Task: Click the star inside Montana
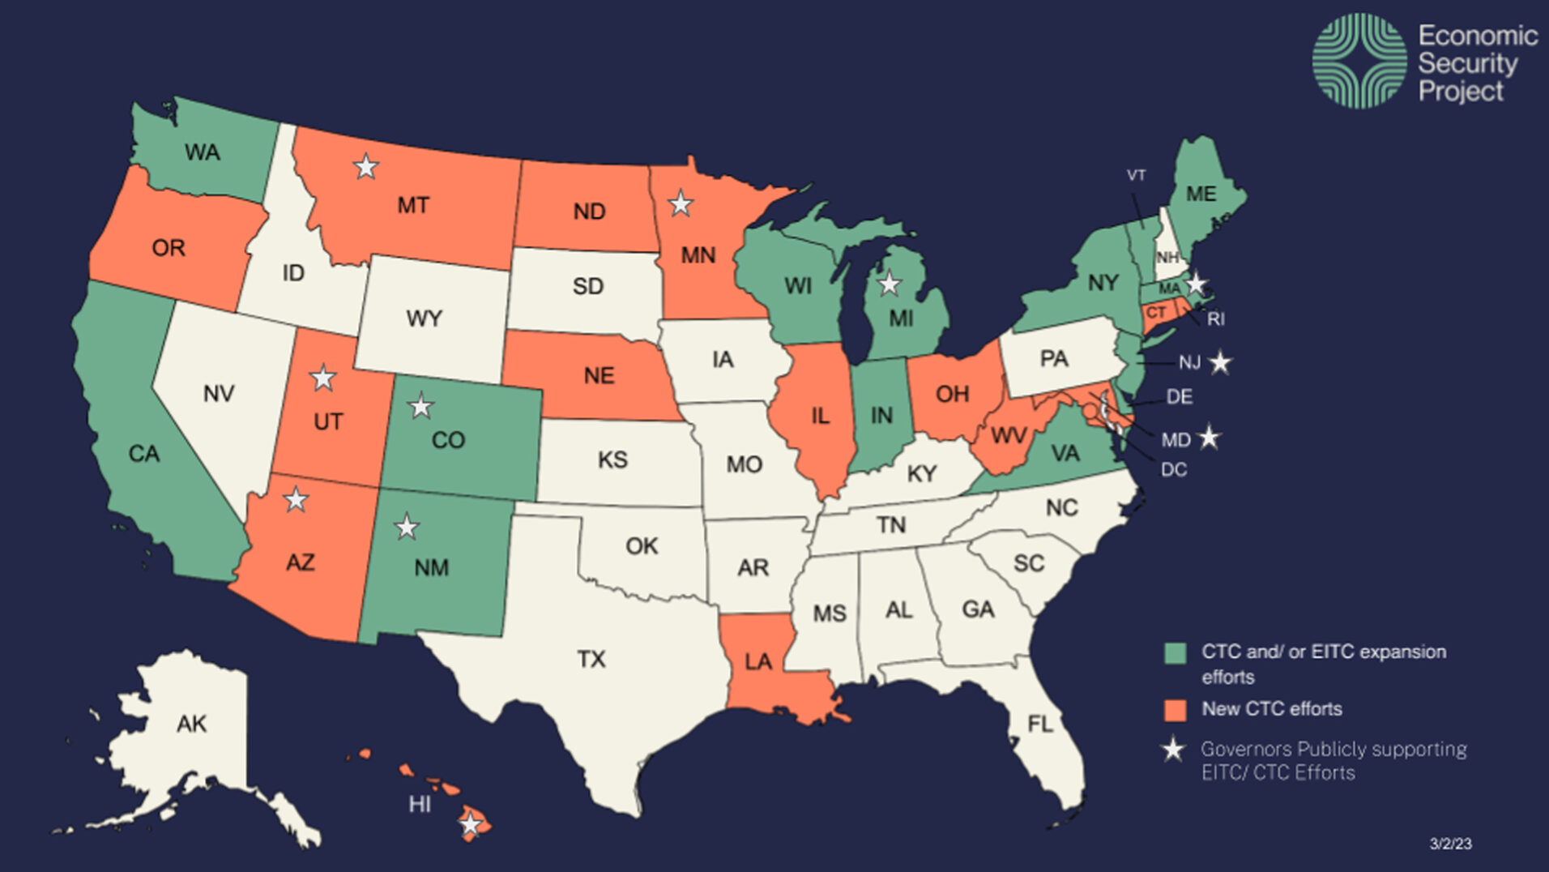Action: pyautogui.click(x=366, y=167)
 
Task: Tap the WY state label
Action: pyautogui.click(x=424, y=318)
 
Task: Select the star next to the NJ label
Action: pyautogui.click(x=1220, y=362)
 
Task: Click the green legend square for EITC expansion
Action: pyautogui.click(x=1175, y=652)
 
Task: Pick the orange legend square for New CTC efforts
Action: pyautogui.click(x=1175, y=710)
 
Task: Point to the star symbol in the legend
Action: pyautogui.click(x=1173, y=750)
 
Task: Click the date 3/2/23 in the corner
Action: pyautogui.click(x=1450, y=844)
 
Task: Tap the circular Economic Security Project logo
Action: pyautogui.click(x=1359, y=61)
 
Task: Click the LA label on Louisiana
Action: pyautogui.click(x=757, y=662)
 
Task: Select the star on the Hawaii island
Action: pyautogui.click(x=470, y=825)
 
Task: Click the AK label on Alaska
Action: pyautogui.click(x=191, y=724)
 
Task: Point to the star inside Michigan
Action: pyautogui.click(x=890, y=284)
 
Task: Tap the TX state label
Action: pyautogui.click(x=591, y=659)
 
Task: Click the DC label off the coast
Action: pyautogui.click(x=1173, y=470)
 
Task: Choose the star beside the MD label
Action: pyautogui.click(x=1209, y=438)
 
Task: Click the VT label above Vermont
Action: pyautogui.click(x=1136, y=175)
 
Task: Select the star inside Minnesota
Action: pyautogui.click(x=681, y=204)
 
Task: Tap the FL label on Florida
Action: pyautogui.click(x=1040, y=724)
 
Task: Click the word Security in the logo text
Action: pyautogui.click(x=1467, y=63)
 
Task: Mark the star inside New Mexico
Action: pyautogui.click(x=406, y=528)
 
